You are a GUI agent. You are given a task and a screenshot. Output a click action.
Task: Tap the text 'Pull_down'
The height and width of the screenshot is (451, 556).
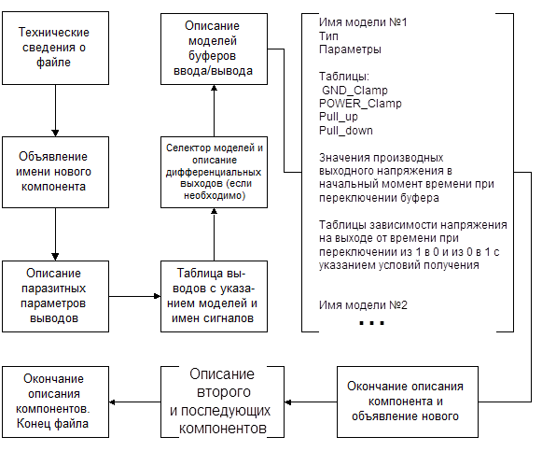[346, 131]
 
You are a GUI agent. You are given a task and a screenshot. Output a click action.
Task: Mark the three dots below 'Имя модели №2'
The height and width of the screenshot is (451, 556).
[371, 323]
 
